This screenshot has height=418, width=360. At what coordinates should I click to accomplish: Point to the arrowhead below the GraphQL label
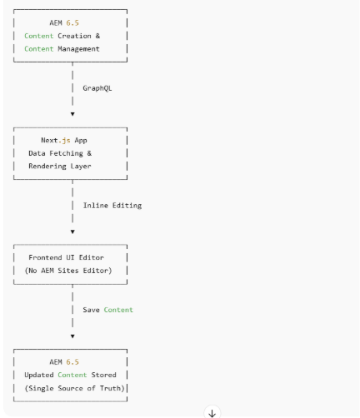[x=72, y=112]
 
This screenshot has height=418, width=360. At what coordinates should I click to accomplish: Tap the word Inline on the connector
[x=99, y=205]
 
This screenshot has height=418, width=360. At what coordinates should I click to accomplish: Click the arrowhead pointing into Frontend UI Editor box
[x=72, y=231]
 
